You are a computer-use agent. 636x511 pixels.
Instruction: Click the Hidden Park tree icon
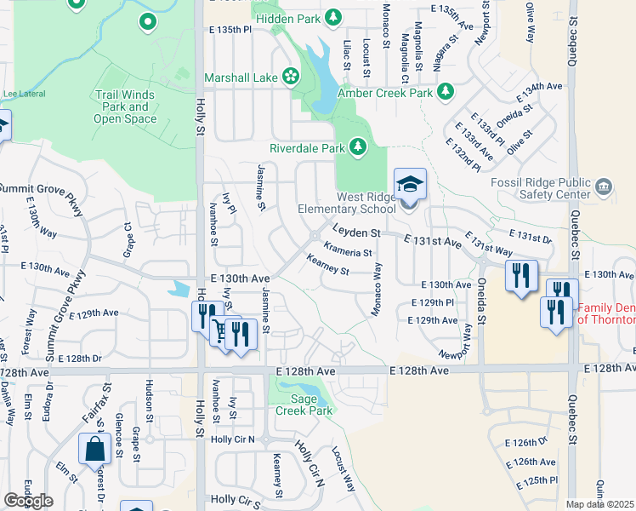click(333, 17)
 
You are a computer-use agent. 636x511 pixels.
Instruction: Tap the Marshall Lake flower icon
click(290, 78)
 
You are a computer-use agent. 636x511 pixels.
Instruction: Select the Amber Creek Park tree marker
click(445, 91)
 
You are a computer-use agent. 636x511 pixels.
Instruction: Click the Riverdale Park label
click(306, 147)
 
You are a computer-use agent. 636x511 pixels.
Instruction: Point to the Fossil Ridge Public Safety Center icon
click(604, 187)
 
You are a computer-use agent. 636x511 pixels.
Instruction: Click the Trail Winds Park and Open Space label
click(125, 106)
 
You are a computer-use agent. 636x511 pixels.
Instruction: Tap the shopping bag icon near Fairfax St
click(94, 448)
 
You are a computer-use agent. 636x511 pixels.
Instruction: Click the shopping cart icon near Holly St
click(223, 330)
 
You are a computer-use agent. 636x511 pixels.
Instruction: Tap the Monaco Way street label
click(377, 290)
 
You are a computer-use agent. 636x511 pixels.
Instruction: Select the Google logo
click(28, 501)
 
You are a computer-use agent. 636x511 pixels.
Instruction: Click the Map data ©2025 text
click(599, 504)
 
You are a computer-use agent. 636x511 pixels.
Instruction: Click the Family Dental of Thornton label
click(605, 313)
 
